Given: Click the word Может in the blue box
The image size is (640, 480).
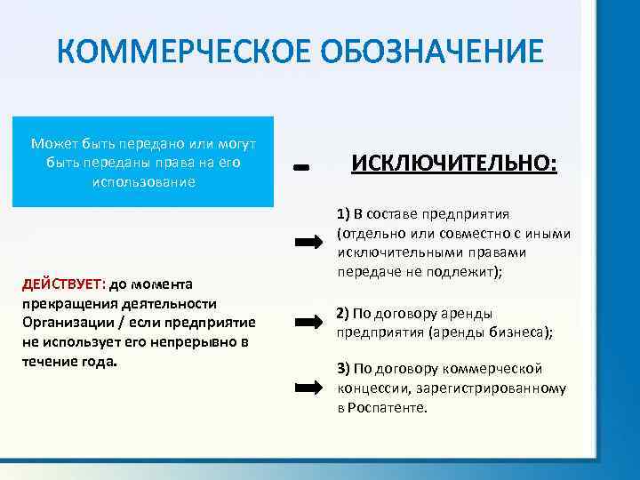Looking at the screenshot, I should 53,143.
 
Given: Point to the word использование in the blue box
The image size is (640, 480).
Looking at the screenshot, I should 142,180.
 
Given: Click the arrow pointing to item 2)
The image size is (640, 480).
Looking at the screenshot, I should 308,322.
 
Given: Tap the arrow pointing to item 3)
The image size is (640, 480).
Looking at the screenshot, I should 308,386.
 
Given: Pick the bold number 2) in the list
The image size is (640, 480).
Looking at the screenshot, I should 343,314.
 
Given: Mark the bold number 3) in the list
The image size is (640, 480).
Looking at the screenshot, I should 343,369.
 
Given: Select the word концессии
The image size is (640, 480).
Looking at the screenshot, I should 369,388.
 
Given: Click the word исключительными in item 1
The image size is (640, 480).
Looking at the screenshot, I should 388,253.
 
